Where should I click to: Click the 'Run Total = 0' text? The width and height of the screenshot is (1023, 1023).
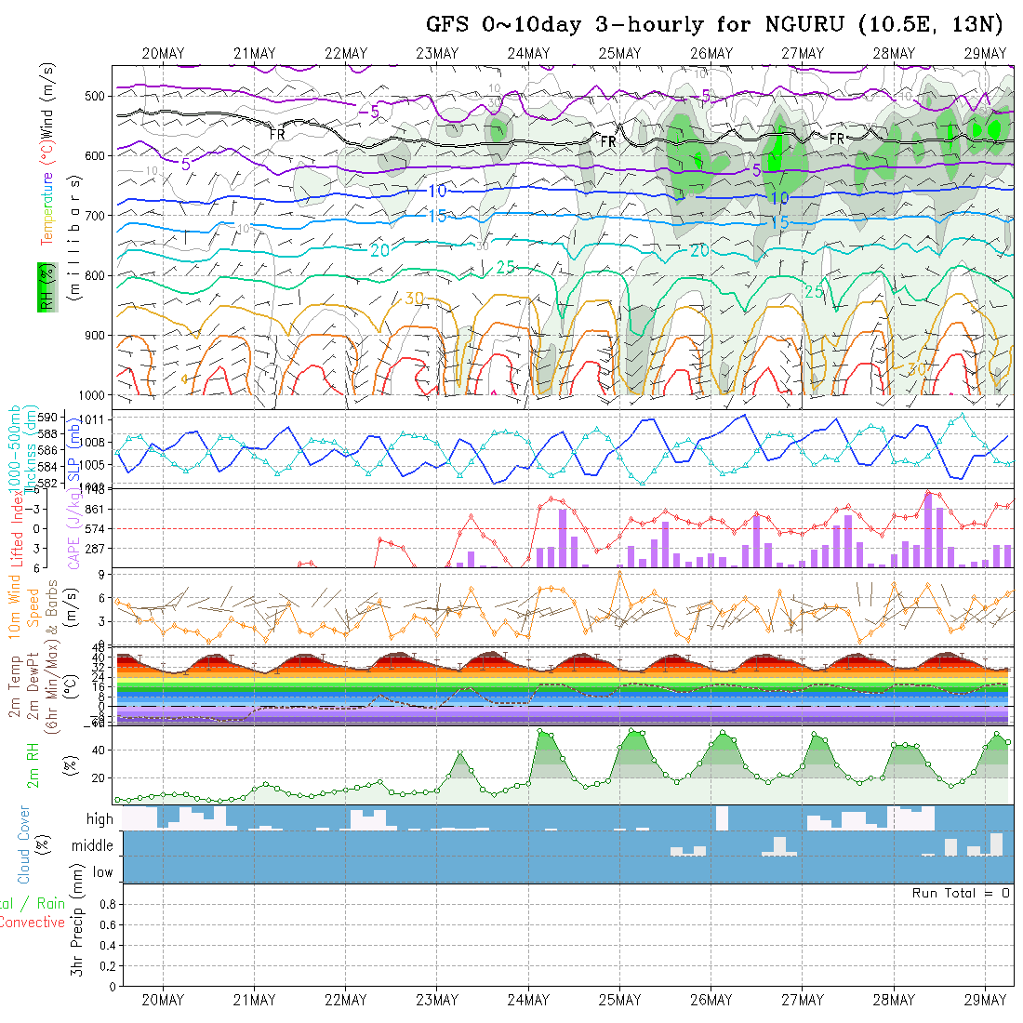[x=961, y=893]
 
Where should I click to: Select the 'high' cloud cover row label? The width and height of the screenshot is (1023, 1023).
[x=100, y=819]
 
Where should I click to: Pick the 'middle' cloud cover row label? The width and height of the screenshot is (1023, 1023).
[x=92, y=845]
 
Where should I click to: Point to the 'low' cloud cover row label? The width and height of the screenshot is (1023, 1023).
[x=102, y=872]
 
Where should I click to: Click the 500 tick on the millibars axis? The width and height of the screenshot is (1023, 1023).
[x=97, y=96]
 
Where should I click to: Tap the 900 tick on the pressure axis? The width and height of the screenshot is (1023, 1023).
[x=97, y=335]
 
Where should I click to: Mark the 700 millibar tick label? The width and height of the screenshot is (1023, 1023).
[x=97, y=216]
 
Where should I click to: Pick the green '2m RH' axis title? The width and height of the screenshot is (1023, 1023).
[x=33, y=764]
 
